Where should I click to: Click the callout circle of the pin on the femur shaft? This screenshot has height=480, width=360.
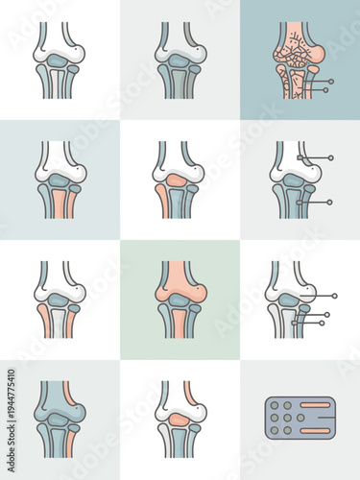pyautogui.click(x=331, y=157)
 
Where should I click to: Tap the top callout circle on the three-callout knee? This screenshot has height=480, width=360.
pyautogui.click(x=334, y=296)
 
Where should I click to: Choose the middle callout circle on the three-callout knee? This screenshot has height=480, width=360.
pyautogui.click(x=326, y=314)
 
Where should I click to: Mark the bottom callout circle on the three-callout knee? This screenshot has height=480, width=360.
pyautogui.click(x=322, y=323)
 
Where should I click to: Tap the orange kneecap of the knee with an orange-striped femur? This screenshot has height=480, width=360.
pyautogui.click(x=179, y=415)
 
